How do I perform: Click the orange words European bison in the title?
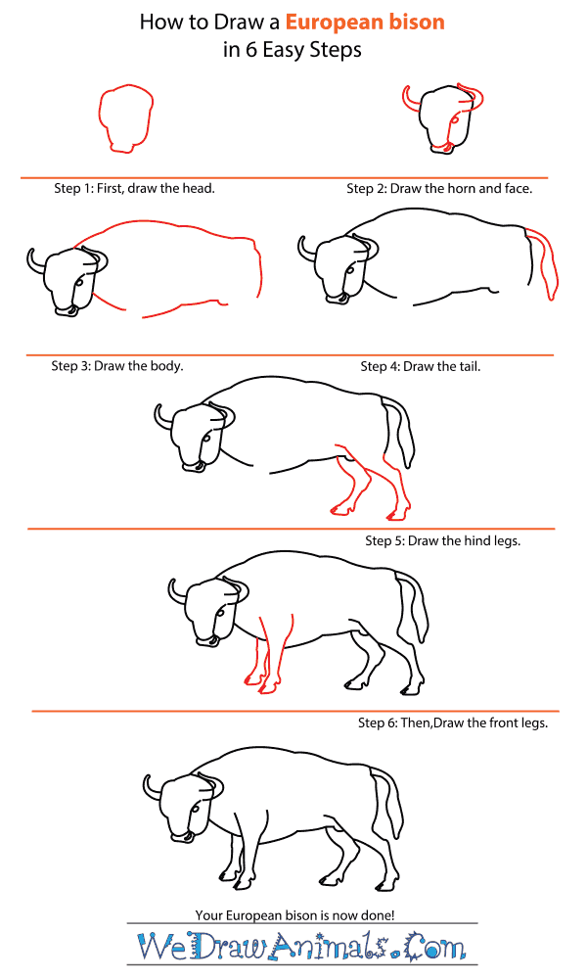[x=365, y=23]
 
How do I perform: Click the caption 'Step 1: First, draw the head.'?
[x=134, y=188]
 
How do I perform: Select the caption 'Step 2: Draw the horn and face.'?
[x=440, y=188]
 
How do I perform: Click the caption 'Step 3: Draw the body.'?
[x=117, y=365]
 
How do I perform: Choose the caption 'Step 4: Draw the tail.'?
[x=421, y=366]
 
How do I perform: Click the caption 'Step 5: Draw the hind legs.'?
[x=443, y=540]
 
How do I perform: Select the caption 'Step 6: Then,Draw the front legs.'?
[x=453, y=723]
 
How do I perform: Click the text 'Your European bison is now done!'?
[x=295, y=915]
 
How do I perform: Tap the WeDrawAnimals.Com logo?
[x=302, y=946]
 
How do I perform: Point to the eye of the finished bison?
[x=196, y=810]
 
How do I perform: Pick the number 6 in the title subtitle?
[x=250, y=50]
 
